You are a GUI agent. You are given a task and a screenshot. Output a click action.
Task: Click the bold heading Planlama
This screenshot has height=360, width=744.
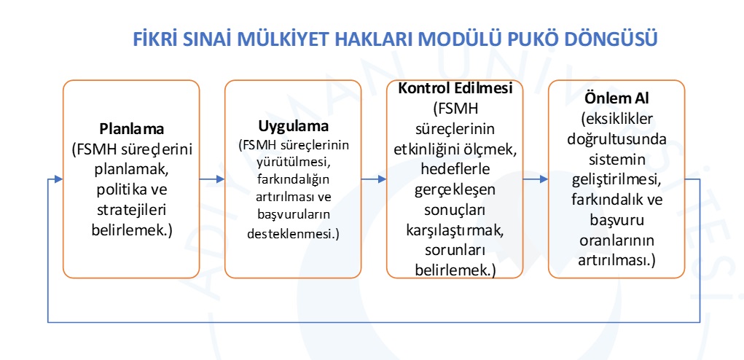pyautogui.click(x=131, y=129)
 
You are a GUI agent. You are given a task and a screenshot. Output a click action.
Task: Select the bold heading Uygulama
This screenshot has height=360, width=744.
pyautogui.click(x=293, y=127)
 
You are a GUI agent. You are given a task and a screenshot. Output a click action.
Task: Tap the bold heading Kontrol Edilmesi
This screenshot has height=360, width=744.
pyautogui.click(x=455, y=88)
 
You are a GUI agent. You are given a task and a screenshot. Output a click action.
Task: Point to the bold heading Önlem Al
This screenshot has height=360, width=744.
pyautogui.click(x=616, y=100)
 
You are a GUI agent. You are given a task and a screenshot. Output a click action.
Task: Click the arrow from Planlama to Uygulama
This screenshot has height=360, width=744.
pyautogui.click(x=211, y=179)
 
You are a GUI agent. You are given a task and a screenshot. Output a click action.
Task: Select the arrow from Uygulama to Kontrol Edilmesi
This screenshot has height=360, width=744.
pyautogui.click(x=373, y=179)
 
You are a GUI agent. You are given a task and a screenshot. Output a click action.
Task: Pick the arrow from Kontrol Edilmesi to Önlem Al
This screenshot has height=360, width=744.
pyautogui.click(x=535, y=179)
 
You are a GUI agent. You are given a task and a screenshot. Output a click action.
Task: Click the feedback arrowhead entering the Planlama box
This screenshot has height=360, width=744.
pyautogui.click(x=58, y=179)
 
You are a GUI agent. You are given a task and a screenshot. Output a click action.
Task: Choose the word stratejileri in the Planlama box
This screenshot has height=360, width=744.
pyautogui.click(x=131, y=210)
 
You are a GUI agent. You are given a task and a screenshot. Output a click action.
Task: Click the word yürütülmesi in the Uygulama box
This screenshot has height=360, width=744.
pyautogui.click(x=293, y=163)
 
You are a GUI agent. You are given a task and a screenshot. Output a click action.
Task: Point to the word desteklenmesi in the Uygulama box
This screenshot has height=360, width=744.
pyautogui.click(x=291, y=235)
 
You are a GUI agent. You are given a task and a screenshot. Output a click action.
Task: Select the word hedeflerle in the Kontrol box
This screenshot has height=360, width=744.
pyautogui.click(x=455, y=169)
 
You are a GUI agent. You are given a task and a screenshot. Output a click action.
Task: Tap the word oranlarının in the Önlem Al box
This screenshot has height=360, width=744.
pyautogui.click(x=616, y=240)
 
